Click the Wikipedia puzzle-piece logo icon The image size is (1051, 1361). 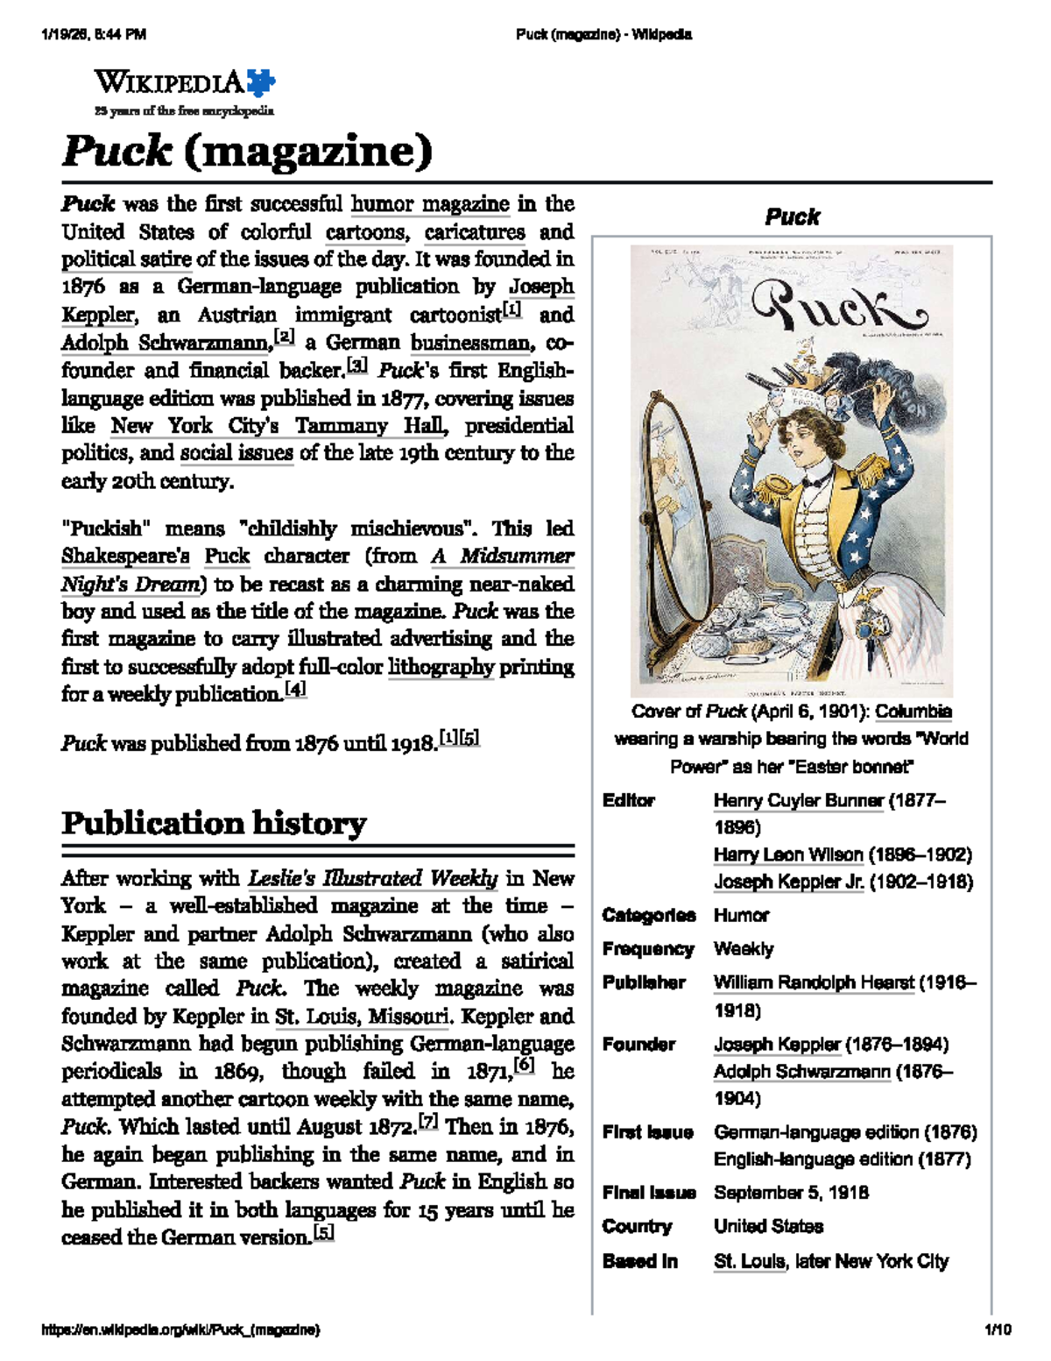pos(261,83)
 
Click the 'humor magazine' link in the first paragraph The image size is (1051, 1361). pos(429,205)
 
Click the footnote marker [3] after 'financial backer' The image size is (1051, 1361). pos(357,366)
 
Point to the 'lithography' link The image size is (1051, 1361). pos(441,667)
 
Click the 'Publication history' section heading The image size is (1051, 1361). pos(214,824)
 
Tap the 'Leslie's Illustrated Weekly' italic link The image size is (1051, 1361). pos(373,878)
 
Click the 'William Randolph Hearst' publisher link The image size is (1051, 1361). pos(814,983)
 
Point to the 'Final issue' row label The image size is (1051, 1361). pos(648,1193)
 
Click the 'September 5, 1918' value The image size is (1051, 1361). pos(791,1193)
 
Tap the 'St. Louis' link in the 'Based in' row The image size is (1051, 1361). pos(749,1262)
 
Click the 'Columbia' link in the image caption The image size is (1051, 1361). pos(913,712)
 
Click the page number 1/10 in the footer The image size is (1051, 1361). pos(998,1329)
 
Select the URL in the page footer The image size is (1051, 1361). pos(180,1330)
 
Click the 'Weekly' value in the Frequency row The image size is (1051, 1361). pos(744,949)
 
